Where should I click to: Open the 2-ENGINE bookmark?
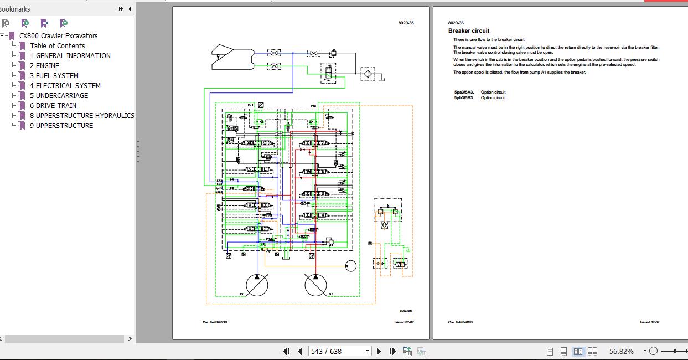(x=44, y=65)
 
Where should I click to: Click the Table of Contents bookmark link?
(x=57, y=46)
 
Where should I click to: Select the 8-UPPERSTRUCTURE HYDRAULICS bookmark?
(x=81, y=115)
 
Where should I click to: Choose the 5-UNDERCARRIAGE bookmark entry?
(x=59, y=95)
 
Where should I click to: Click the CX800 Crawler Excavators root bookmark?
(x=58, y=36)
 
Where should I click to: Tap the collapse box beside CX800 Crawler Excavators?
(x=3, y=36)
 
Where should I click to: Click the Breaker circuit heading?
(x=469, y=31)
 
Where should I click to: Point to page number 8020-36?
(x=456, y=23)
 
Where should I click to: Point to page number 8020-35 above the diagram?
(x=406, y=23)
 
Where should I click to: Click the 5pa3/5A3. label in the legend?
(x=464, y=92)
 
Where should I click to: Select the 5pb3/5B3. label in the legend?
(x=464, y=98)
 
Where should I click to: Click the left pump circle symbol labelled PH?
(x=257, y=285)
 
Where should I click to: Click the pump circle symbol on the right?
(x=315, y=285)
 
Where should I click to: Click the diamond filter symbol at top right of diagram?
(x=366, y=73)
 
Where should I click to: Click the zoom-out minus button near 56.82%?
(x=653, y=351)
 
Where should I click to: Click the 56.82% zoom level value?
(x=621, y=351)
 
